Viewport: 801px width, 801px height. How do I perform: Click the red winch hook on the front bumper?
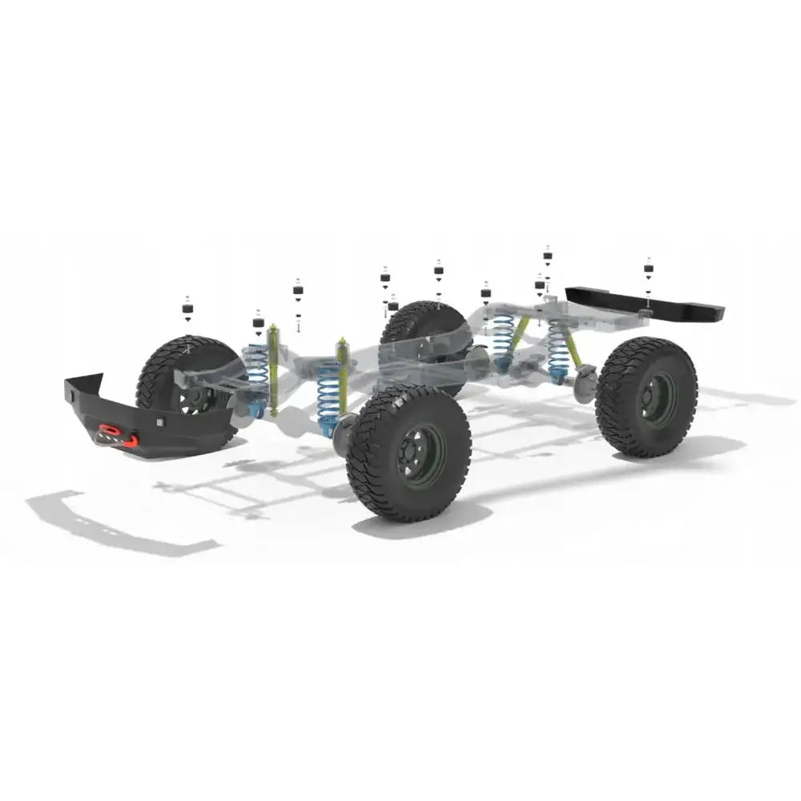click(x=131, y=439)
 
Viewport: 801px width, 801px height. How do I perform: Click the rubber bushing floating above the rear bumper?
click(x=648, y=268)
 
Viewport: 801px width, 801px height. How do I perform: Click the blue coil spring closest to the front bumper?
click(x=256, y=372)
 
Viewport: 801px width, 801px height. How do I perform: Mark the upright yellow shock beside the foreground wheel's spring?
click(x=343, y=376)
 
